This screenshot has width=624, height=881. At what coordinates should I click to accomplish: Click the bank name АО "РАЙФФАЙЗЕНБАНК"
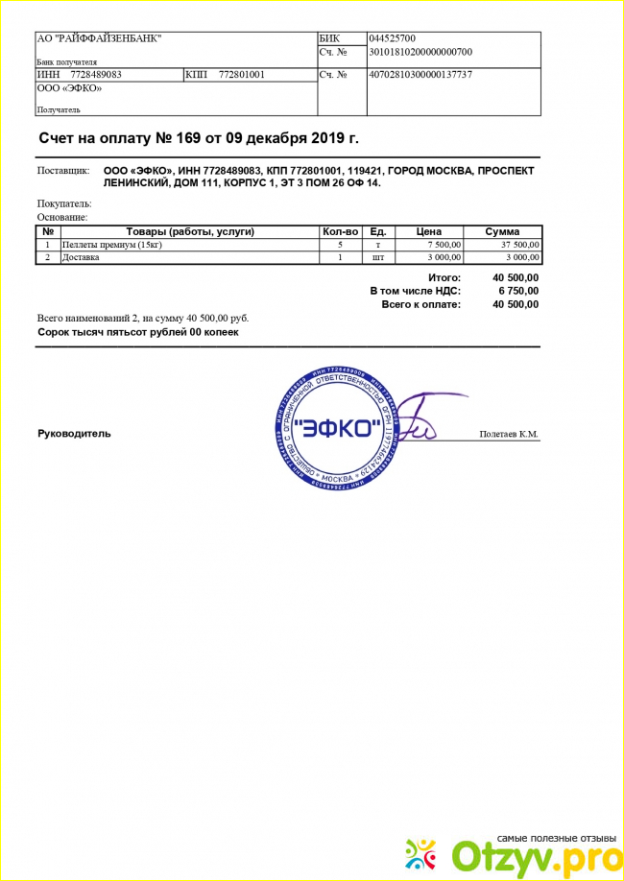click(x=99, y=38)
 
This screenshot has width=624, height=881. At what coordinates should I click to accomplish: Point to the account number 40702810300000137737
click(x=420, y=75)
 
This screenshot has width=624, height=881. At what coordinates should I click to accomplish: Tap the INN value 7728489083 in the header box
click(x=94, y=75)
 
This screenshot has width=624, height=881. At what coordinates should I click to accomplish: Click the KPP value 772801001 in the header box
click(x=242, y=75)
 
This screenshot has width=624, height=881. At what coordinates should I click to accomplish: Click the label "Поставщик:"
click(x=63, y=170)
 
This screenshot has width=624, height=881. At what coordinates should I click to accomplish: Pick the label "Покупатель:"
click(x=64, y=203)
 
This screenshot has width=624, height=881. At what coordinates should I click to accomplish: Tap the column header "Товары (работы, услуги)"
click(x=190, y=231)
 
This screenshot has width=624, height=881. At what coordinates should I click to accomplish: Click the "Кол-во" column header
click(x=341, y=231)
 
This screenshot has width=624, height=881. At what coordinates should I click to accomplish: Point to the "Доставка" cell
click(x=81, y=257)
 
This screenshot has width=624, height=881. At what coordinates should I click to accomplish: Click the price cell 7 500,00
click(x=442, y=245)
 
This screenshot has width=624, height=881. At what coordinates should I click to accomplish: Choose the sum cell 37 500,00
click(x=519, y=245)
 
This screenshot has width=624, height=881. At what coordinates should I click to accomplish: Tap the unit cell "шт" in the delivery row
click(x=378, y=257)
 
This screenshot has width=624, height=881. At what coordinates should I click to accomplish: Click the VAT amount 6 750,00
click(x=517, y=291)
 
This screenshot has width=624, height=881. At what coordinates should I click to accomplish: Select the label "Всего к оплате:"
click(x=420, y=304)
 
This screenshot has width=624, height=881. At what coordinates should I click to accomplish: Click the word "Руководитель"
click(x=74, y=434)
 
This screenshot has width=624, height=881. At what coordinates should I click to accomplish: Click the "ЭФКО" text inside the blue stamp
click(x=334, y=429)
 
